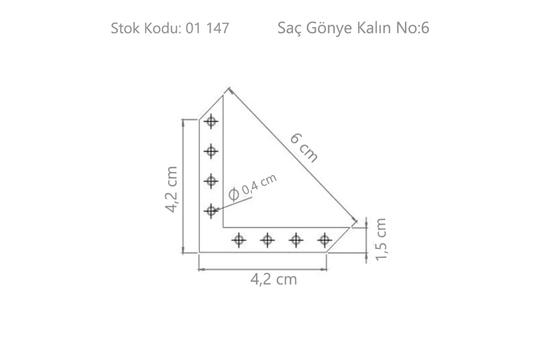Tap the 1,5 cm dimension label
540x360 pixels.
coord(381,239)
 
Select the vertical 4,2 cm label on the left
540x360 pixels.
coord(171,189)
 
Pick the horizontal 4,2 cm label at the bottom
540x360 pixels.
coord(274,279)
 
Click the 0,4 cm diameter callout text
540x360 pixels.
coord(259,184)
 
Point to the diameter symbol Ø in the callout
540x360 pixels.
coord(234,194)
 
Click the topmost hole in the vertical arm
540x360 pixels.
coord(211,122)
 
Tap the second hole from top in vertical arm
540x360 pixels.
coord(211,151)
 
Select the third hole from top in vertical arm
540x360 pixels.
coord(211,180)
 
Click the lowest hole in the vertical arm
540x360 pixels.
coord(211,210)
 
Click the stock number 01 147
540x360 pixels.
coord(207,28)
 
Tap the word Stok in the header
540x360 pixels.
coord(126,28)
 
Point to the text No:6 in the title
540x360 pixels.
coord(413,28)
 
